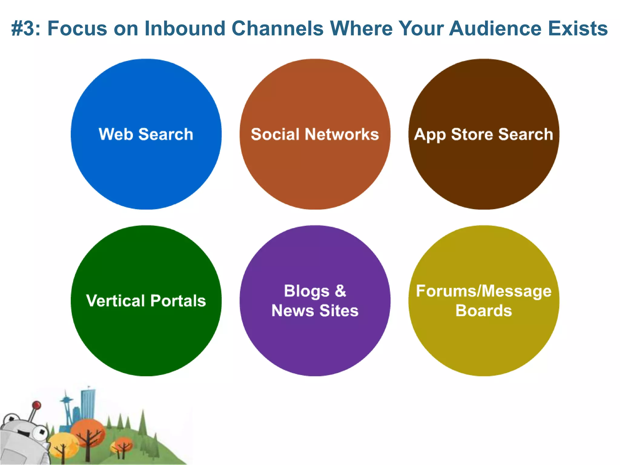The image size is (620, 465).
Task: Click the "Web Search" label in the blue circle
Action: click(x=146, y=134)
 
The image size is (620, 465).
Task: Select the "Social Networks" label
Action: click(x=315, y=134)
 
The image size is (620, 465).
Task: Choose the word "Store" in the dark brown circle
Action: click(x=472, y=134)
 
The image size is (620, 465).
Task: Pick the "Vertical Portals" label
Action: click(x=146, y=301)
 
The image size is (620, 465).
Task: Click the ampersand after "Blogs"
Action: click(x=340, y=291)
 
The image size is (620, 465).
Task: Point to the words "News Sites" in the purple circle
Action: click(x=315, y=311)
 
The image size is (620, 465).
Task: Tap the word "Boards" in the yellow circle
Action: click(x=483, y=311)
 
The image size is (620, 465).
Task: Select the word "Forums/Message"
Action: click(x=483, y=291)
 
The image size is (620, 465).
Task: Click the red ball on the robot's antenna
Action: click(x=37, y=405)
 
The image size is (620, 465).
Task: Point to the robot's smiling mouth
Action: click(x=23, y=433)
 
